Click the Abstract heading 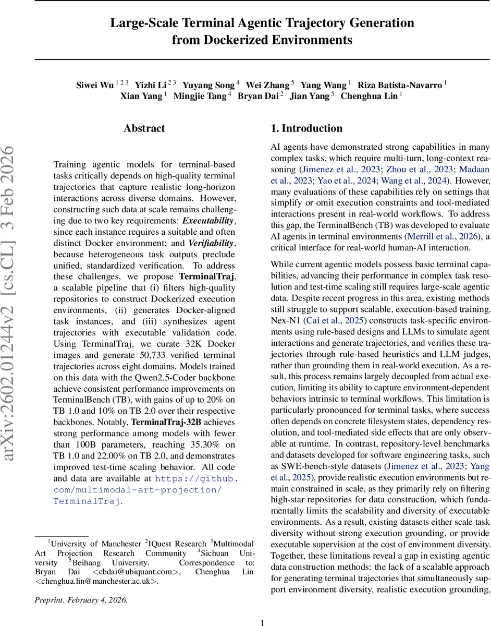[144, 128]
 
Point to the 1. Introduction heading [307, 128]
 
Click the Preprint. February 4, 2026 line [81, 600]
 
